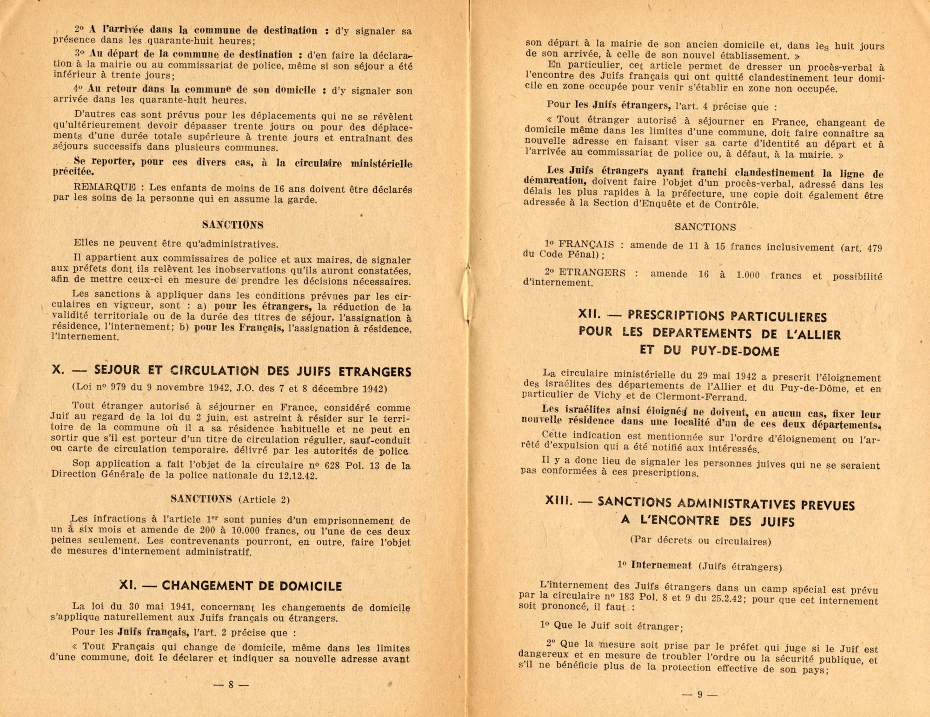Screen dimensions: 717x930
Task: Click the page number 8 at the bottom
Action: (x=231, y=684)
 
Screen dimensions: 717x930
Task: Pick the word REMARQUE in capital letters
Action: (x=105, y=188)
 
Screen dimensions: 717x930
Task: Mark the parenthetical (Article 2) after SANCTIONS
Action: (x=264, y=500)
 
